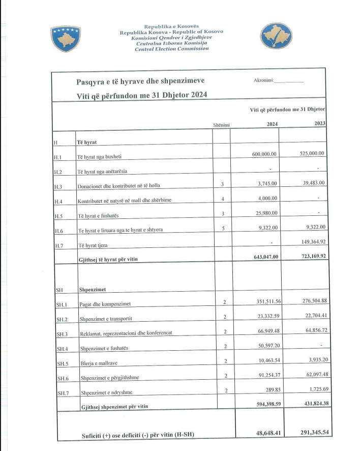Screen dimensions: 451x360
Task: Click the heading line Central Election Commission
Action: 171,49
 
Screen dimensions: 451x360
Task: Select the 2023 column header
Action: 320,123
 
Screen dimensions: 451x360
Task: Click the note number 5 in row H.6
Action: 223,229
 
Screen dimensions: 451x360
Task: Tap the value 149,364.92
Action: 310,243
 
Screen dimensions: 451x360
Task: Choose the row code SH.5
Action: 62,364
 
